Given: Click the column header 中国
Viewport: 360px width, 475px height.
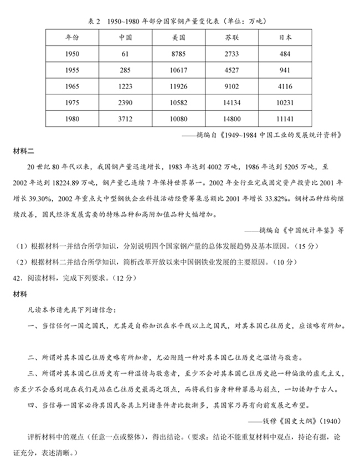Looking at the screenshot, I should pos(125,38).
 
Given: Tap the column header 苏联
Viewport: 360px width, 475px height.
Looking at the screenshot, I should pos(232,38).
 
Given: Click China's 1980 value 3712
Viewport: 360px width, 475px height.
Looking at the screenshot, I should pos(125,118).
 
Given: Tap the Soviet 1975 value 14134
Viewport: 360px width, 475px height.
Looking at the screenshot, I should pos(232,102).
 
